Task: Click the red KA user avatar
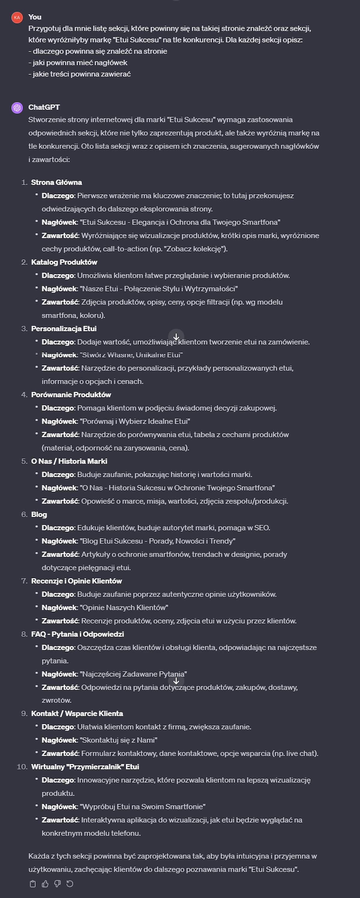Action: [x=17, y=17]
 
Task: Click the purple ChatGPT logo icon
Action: [x=17, y=108]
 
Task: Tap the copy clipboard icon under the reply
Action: [x=33, y=883]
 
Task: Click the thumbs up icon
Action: [x=45, y=883]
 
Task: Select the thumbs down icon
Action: [x=58, y=883]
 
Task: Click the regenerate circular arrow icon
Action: [x=70, y=883]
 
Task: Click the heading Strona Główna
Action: [x=56, y=182]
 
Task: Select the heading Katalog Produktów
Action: [x=64, y=262]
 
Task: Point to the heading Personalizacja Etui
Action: [x=64, y=328]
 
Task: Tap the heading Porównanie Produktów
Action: [x=71, y=395]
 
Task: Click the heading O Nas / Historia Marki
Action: [x=69, y=461]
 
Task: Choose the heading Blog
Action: [x=39, y=514]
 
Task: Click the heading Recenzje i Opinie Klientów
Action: [x=76, y=581]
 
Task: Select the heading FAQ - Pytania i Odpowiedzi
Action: [x=77, y=634]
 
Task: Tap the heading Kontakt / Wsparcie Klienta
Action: [x=77, y=714]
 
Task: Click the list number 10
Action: [x=22, y=767]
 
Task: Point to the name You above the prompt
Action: [x=35, y=17]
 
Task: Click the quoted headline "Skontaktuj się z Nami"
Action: [x=118, y=740]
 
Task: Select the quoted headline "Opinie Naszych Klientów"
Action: [x=124, y=607]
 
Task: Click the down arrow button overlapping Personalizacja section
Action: [x=176, y=337]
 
